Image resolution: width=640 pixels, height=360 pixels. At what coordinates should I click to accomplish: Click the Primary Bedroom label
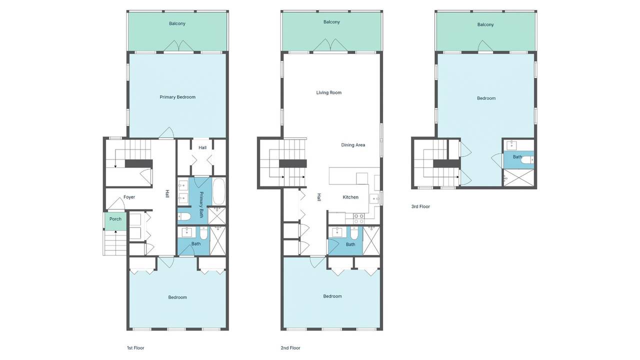click(177, 97)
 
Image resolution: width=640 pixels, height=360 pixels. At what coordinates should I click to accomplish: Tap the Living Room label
click(329, 92)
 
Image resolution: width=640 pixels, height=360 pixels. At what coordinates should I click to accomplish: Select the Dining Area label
click(353, 145)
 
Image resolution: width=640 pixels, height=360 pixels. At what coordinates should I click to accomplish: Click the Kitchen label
click(350, 197)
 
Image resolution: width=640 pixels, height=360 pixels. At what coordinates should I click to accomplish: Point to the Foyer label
click(129, 197)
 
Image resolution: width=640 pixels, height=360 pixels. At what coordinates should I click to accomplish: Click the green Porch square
click(115, 219)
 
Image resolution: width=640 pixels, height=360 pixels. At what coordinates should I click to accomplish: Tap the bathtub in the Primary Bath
click(219, 191)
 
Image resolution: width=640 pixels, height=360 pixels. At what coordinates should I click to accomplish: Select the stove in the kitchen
click(359, 218)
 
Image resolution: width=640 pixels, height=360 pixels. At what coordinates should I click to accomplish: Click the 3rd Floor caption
click(420, 206)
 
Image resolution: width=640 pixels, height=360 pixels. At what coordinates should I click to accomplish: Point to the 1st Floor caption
click(135, 348)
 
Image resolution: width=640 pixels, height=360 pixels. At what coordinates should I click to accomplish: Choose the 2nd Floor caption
click(290, 348)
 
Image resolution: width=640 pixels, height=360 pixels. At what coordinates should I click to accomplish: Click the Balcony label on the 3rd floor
click(485, 24)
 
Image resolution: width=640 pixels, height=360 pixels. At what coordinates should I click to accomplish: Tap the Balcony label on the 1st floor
click(177, 23)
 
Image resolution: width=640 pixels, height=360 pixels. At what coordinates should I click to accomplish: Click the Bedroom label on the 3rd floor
click(486, 98)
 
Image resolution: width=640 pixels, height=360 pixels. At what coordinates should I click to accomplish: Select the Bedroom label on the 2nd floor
click(332, 296)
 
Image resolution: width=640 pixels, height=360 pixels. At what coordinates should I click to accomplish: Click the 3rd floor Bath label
click(517, 157)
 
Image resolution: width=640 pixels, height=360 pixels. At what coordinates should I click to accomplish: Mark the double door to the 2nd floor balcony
click(329, 46)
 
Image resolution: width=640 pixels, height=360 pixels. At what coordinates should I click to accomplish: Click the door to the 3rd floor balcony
click(485, 46)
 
